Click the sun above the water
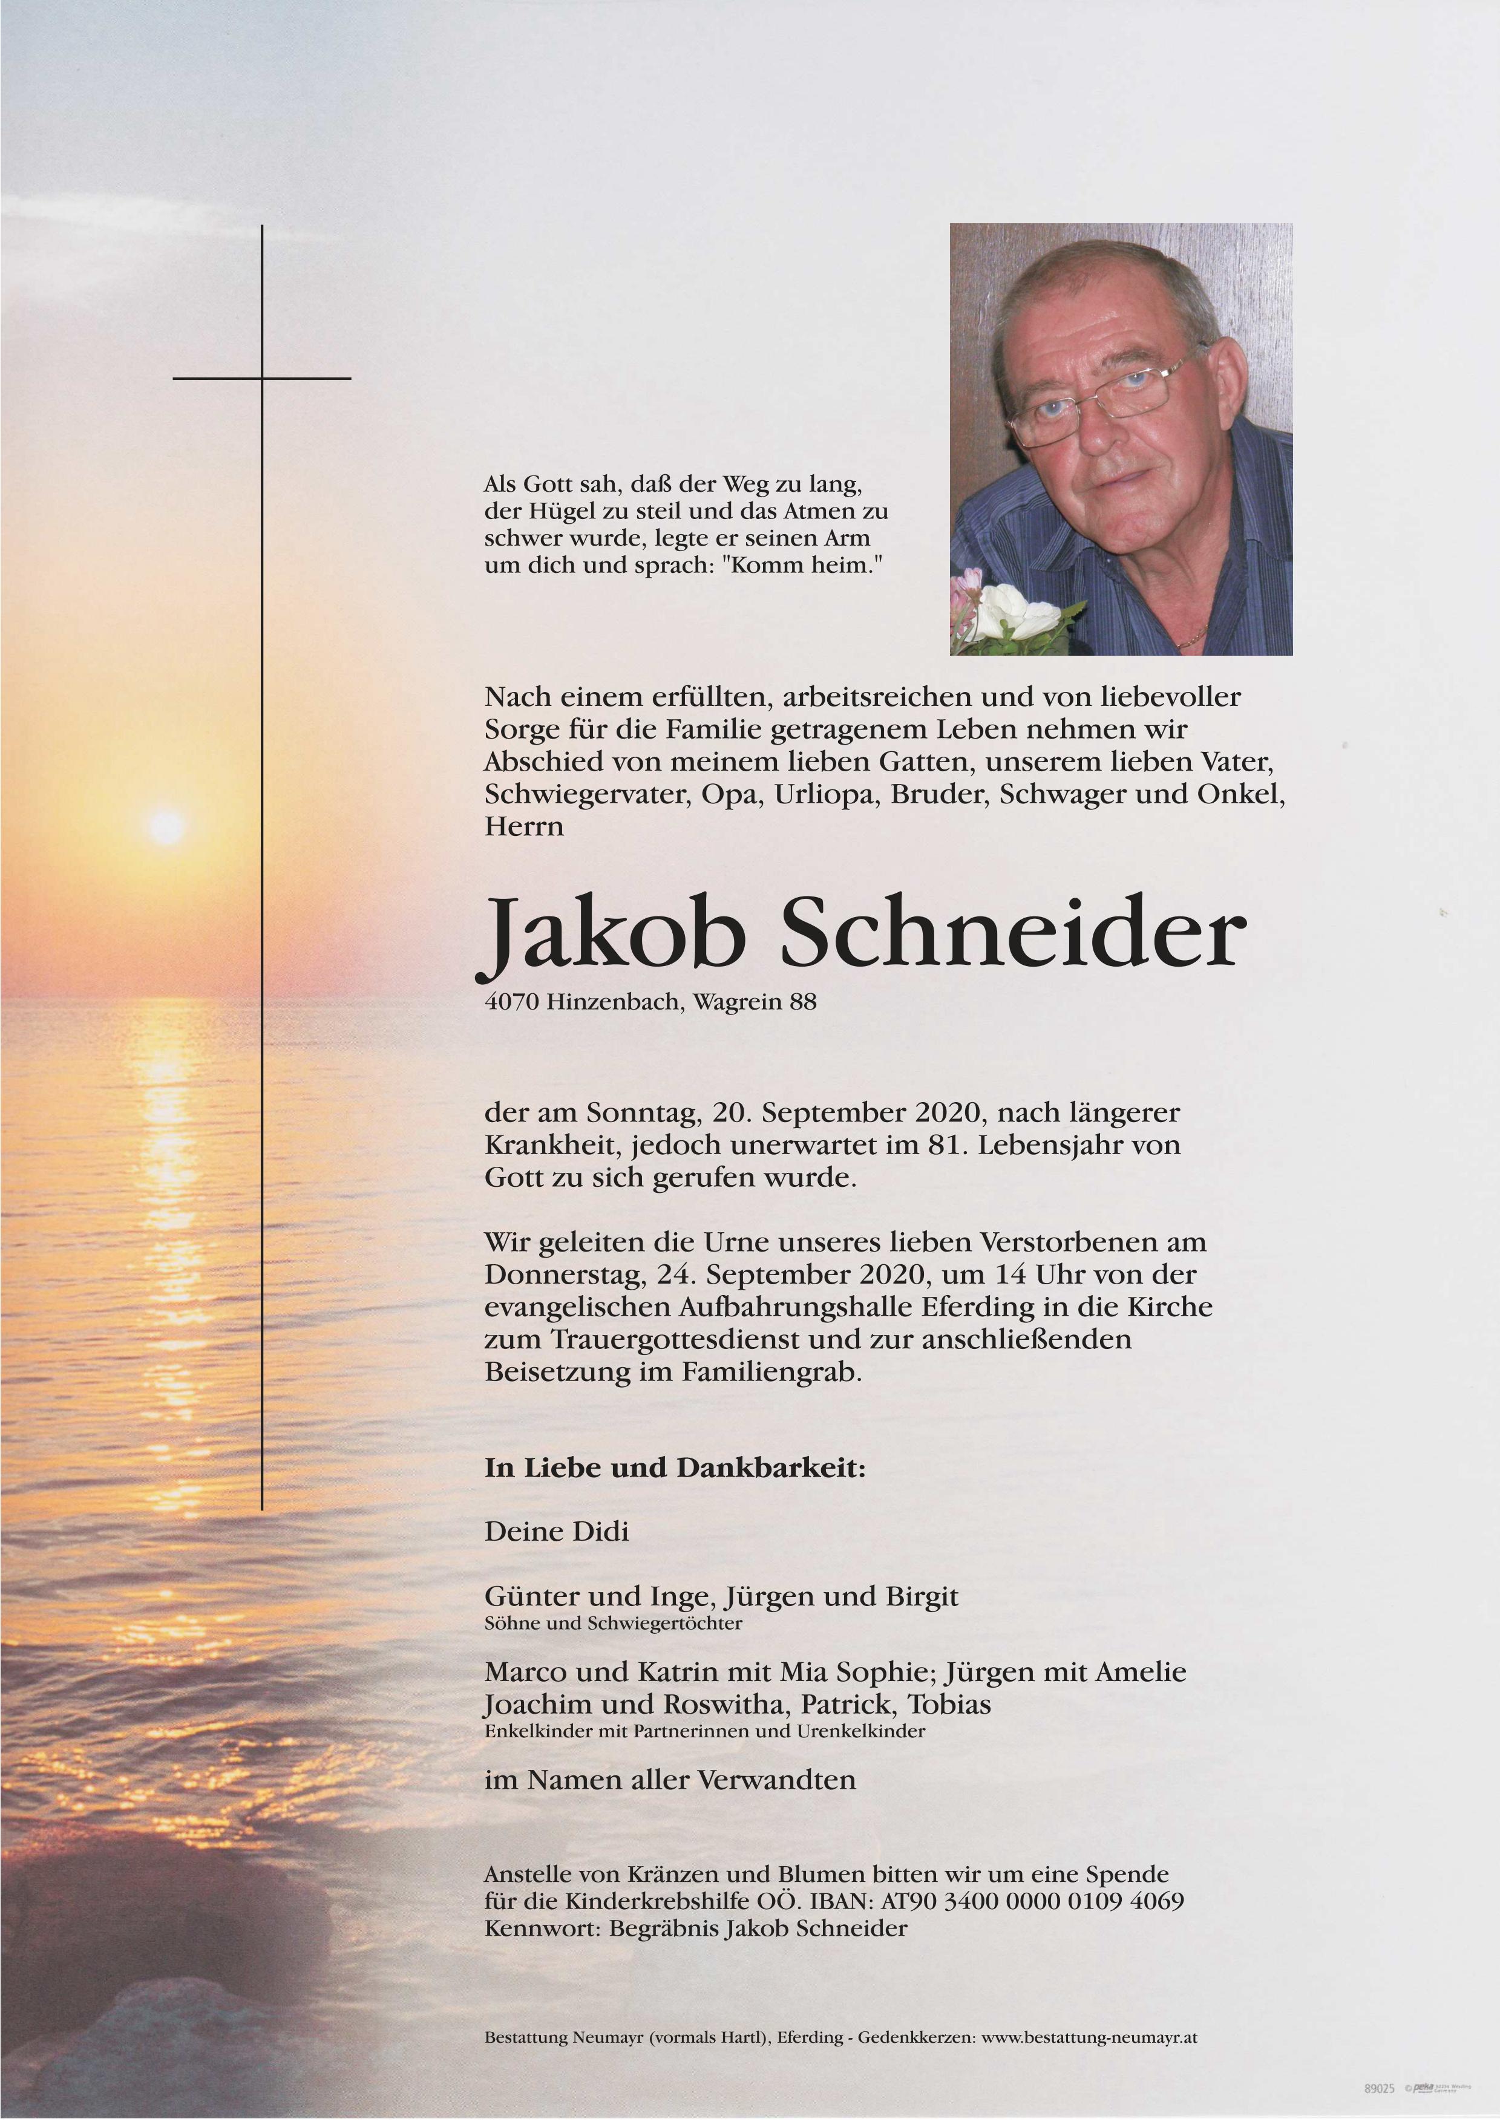pos(166,824)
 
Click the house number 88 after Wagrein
pos(802,1002)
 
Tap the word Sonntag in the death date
pos(629,1113)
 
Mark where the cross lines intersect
pos(261,378)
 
